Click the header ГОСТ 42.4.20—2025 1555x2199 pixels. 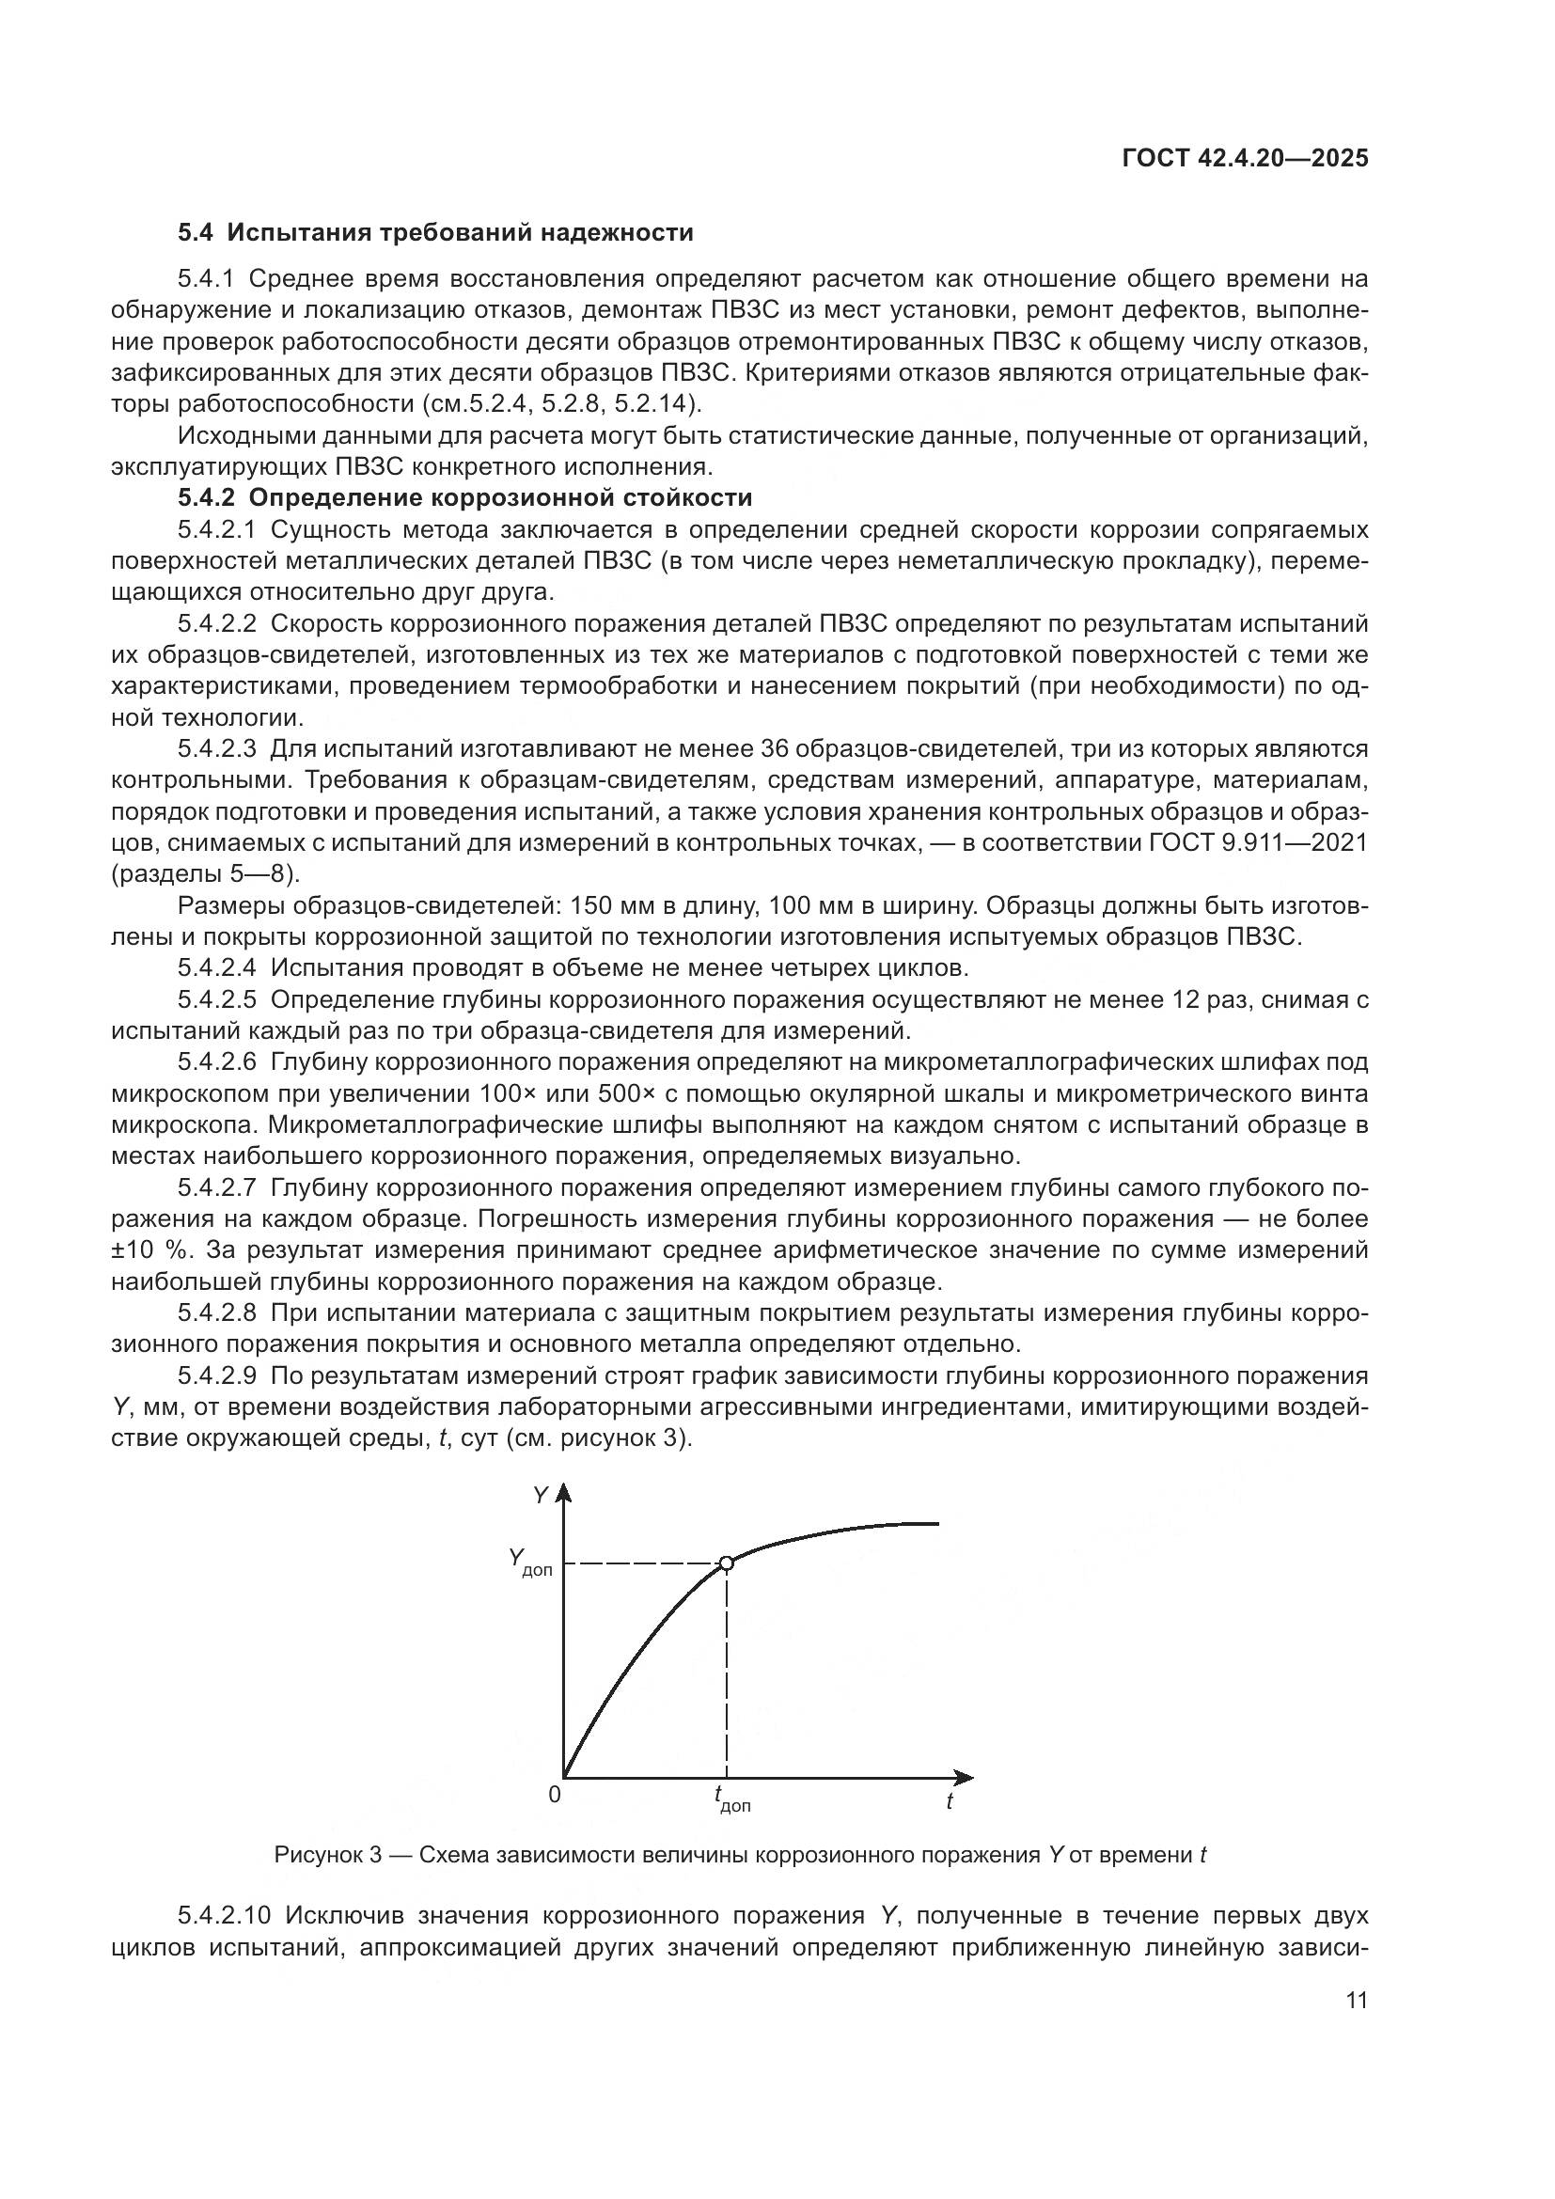(x=1245, y=159)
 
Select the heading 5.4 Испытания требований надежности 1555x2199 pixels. (x=434, y=233)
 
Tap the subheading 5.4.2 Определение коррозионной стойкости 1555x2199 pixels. (x=464, y=498)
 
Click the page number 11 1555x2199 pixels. (x=1357, y=2001)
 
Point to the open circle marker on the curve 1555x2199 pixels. (x=726, y=1564)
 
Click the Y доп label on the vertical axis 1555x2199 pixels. (x=529, y=1564)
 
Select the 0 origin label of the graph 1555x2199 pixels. (x=555, y=1795)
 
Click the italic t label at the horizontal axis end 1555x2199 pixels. (x=949, y=1801)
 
